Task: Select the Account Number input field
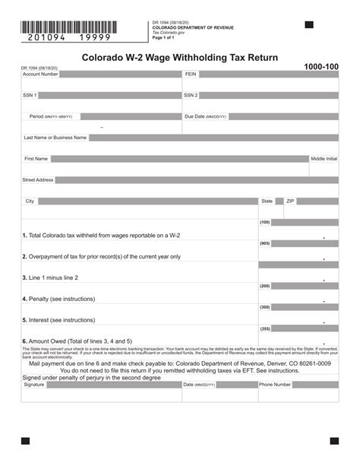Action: tap(121, 74)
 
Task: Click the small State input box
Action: tap(279, 201)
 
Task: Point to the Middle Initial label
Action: tap(324, 159)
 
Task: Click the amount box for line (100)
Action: tap(305, 223)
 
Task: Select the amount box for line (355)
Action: tap(305, 329)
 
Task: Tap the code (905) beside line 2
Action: tap(265, 243)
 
